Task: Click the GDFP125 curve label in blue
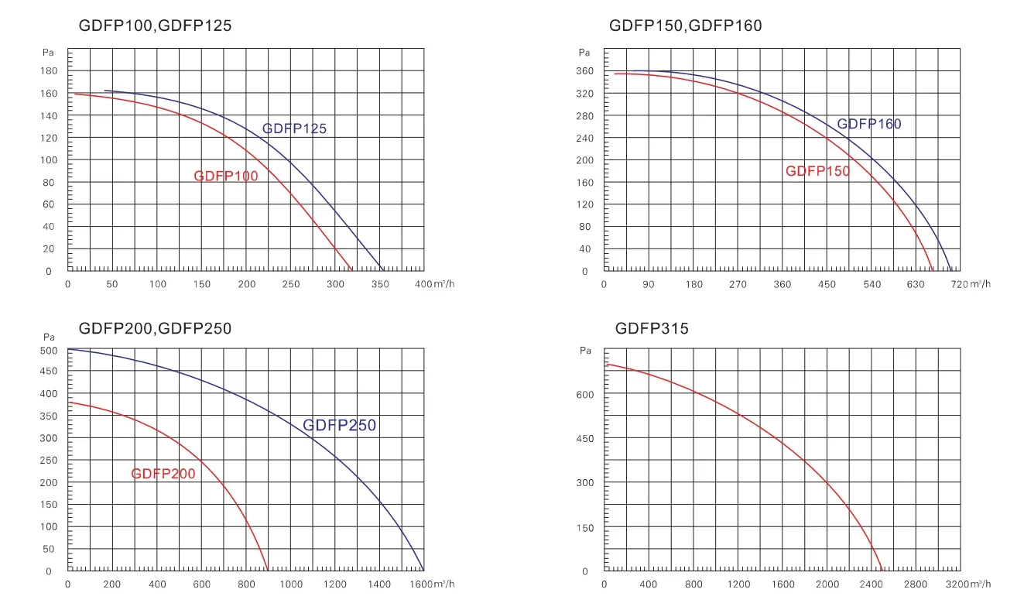[x=294, y=128]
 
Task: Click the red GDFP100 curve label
[x=226, y=176]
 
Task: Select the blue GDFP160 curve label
[x=869, y=124]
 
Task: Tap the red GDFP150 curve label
[x=817, y=171]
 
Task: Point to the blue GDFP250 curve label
[x=339, y=425]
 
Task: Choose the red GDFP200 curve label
[x=163, y=474]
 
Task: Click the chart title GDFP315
[x=652, y=328]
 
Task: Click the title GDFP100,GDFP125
[x=155, y=26]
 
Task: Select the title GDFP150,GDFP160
[x=685, y=26]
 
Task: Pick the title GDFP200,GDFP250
[x=155, y=328]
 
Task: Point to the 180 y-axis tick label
[x=49, y=71]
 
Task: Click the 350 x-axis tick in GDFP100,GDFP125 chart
[x=380, y=285]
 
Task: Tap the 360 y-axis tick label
[x=585, y=71]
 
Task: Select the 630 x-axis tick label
[x=916, y=285]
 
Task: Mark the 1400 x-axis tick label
[x=380, y=584]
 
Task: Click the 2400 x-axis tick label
[x=872, y=584]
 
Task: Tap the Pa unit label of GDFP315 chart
[x=585, y=351]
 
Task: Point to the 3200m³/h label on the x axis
[x=971, y=584]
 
